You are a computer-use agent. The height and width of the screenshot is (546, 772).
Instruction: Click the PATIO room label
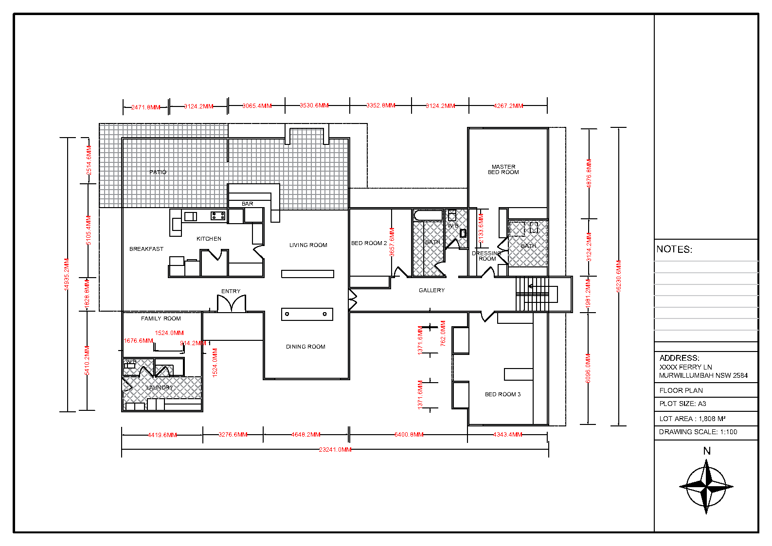[158, 172]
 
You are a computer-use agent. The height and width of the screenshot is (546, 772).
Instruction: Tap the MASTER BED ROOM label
[503, 169]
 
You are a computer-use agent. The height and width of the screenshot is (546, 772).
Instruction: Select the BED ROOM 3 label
[503, 394]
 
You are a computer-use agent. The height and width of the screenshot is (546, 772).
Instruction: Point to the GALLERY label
[431, 290]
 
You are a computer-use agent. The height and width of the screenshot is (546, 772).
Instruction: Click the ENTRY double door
[232, 304]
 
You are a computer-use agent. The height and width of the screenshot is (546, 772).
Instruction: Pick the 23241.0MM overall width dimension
[335, 450]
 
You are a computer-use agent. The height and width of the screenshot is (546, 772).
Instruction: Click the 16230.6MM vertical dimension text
[619, 276]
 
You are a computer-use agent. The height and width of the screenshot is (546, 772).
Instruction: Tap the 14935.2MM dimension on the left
[67, 275]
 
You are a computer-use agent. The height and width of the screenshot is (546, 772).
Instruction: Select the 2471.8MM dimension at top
[145, 107]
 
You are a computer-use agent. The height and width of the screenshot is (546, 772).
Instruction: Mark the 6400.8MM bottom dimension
[409, 435]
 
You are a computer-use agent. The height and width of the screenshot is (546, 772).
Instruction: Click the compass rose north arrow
[706, 487]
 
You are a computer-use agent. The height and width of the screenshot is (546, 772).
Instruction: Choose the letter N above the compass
[707, 451]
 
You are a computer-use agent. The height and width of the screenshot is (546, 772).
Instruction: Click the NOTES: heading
[674, 249]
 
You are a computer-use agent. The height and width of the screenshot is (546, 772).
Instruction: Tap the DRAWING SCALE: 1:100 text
[698, 432]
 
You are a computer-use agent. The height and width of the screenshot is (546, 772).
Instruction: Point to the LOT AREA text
[692, 419]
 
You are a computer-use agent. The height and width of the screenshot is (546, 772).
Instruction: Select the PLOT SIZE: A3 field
[682, 404]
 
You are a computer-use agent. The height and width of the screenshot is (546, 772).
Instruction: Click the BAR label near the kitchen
[247, 204]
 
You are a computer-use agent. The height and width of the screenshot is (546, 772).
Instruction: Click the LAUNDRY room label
[160, 387]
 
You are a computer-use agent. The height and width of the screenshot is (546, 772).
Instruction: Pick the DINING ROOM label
[305, 347]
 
